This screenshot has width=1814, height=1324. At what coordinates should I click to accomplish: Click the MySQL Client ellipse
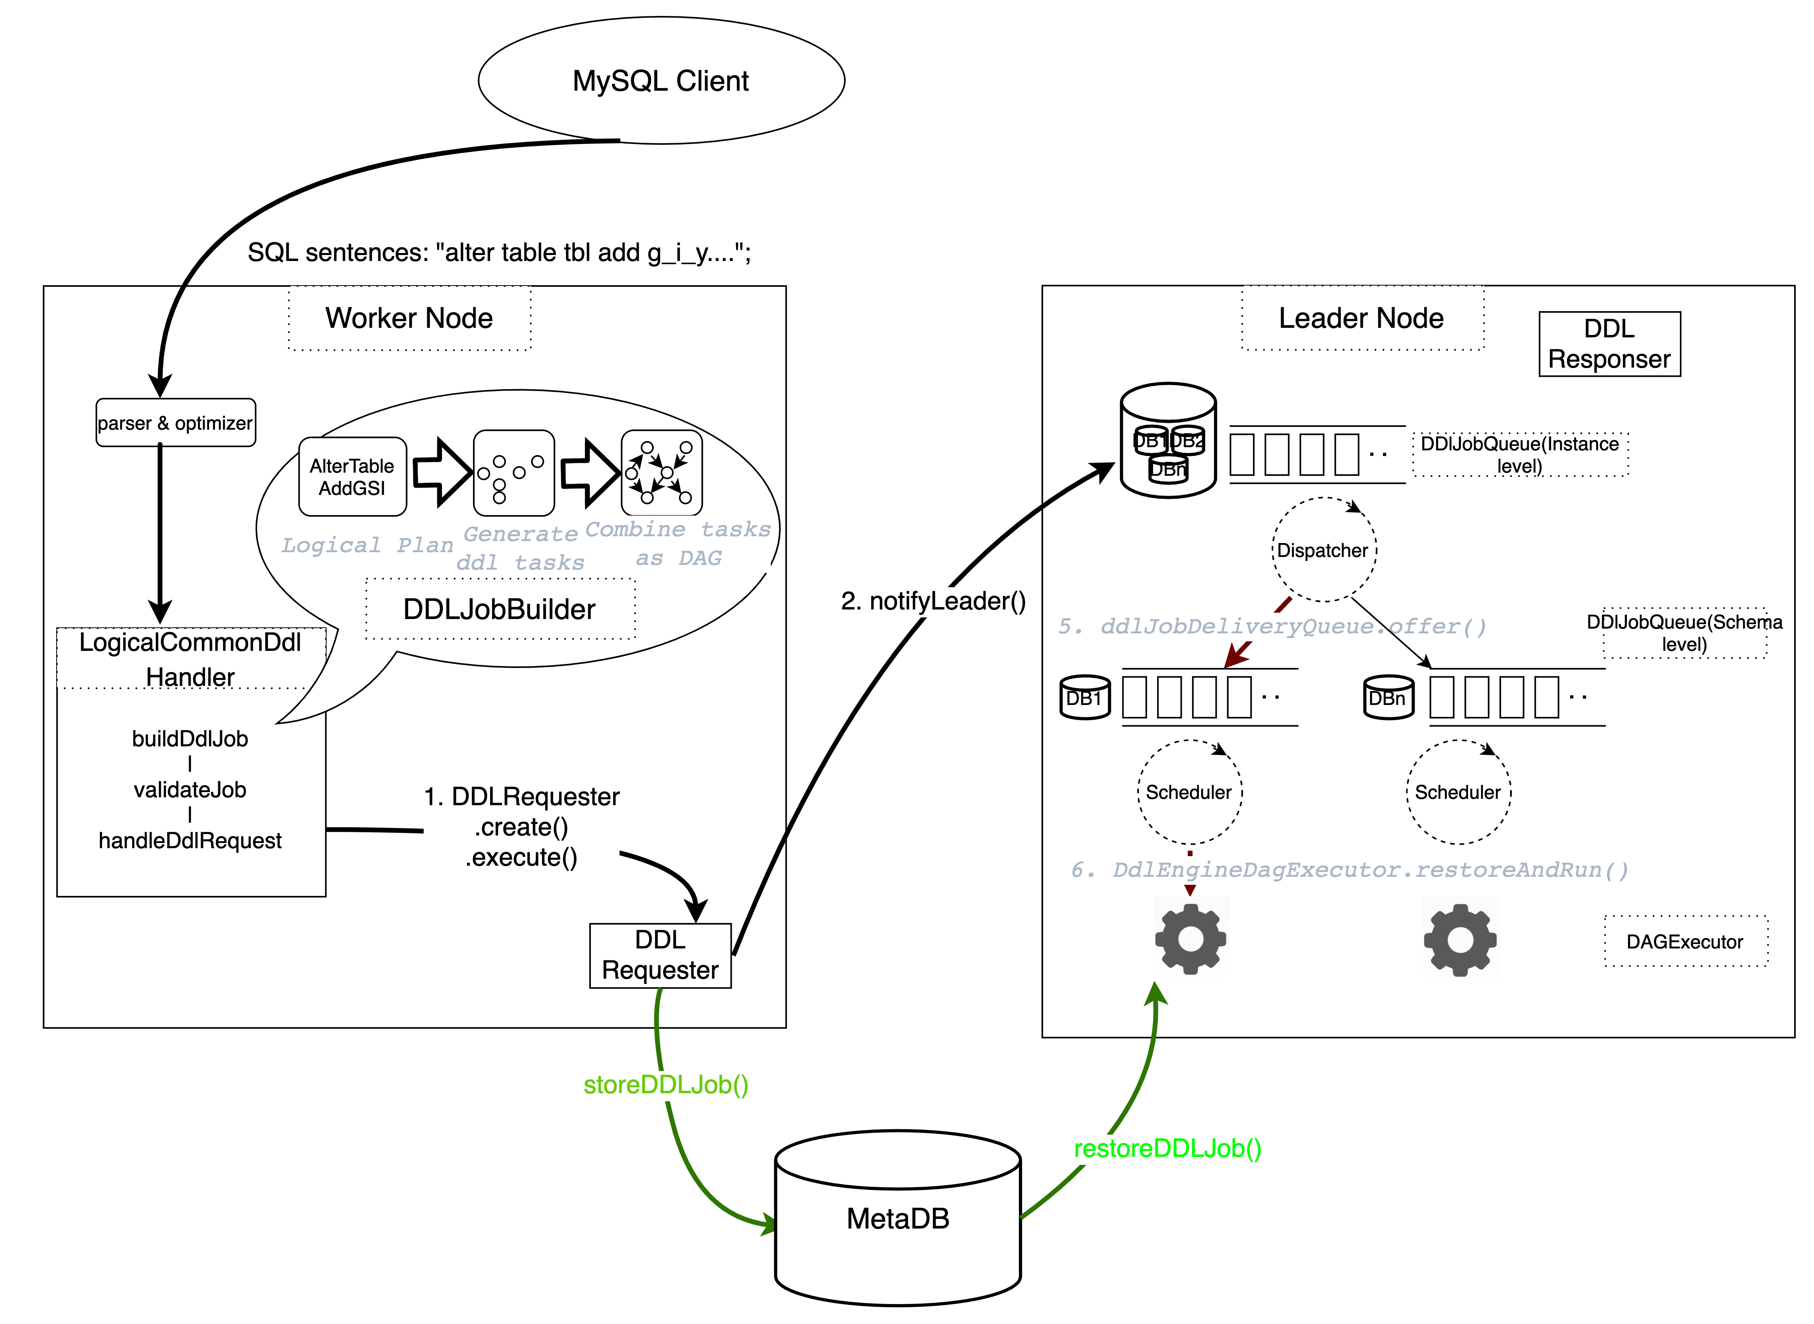pyautogui.click(x=661, y=81)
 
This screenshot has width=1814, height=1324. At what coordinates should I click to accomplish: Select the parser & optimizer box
pyautogui.click(x=176, y=423)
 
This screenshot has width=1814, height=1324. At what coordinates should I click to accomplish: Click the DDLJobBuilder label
pyautogui.click(x=500, y=609)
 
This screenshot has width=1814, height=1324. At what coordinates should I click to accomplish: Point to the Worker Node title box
pyautogui.click(x=409, y=318)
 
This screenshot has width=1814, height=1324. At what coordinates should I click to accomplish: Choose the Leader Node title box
pyautogui.click(x=1362, y=318)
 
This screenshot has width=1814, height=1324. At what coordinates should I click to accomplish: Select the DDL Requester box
pyautogui.click(x=660, y=955)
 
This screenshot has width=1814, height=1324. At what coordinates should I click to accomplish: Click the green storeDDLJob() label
pyautogui.click(x=666, y=1085)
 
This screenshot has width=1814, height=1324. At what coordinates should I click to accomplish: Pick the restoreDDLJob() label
pyautogui.click(x=1168, y=1149)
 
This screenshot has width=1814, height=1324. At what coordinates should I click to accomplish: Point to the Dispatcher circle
pyautogui.click(x=1323, y=550)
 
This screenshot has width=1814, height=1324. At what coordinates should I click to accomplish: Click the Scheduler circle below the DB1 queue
pyautogui.click(x=1189, y=792)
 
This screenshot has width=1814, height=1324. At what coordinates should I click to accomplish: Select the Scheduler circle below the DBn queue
pyautogui.click(x=1458, y=792)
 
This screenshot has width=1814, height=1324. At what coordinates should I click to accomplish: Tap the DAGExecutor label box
pyautogui.click(x=1685, y=942)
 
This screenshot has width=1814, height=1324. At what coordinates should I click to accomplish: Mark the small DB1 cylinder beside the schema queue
pyautogui.click(x=1085, y=697)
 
